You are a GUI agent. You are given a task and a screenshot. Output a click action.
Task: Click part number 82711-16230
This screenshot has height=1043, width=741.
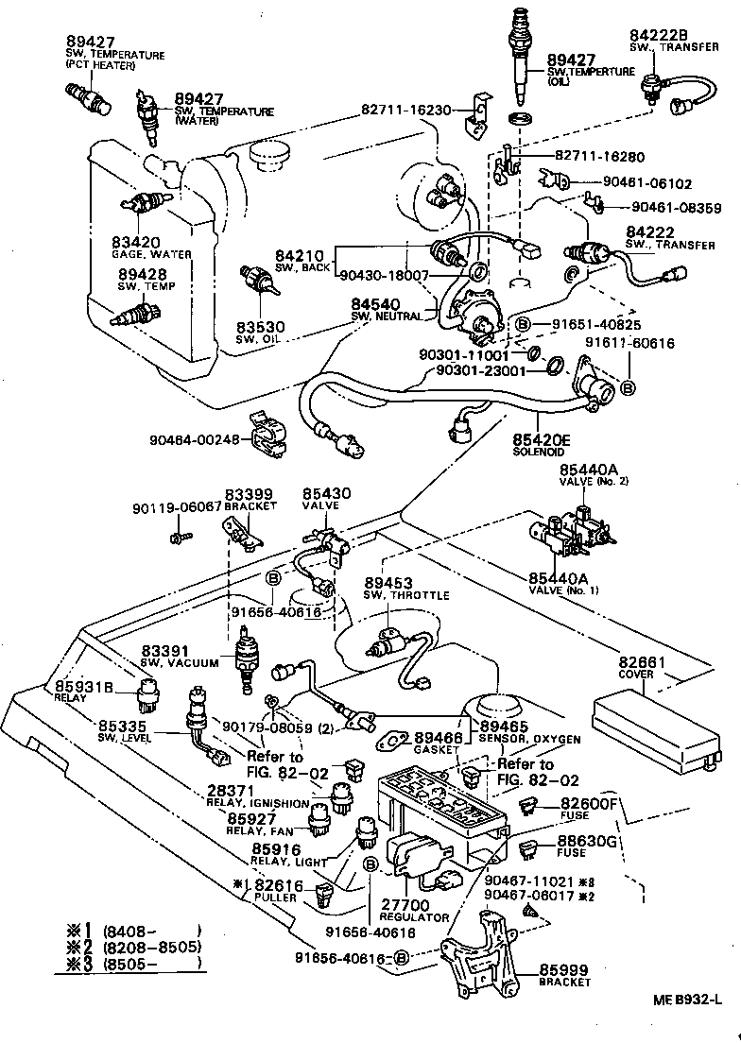(x=412, y=110)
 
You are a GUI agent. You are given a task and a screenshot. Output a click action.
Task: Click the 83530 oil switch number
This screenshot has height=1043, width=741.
(x=261, y=327)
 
